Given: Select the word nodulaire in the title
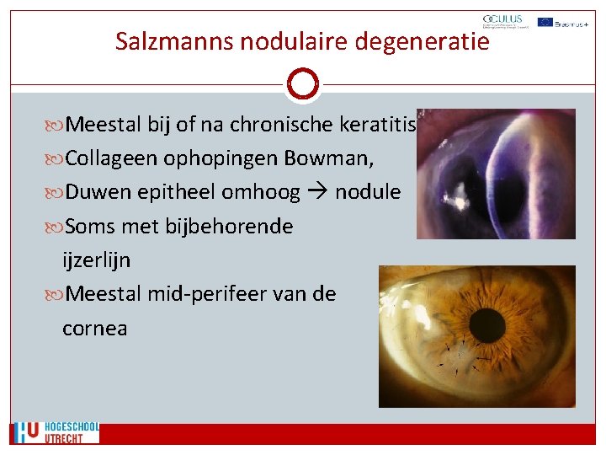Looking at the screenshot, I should click(x=292, y=40).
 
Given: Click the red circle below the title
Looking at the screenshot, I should click(x=302, y=84).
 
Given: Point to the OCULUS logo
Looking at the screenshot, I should click(x=502, y=22).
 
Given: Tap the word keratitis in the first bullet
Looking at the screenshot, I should click(x=378, y=126).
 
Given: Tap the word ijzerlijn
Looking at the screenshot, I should click(x=96, y=260).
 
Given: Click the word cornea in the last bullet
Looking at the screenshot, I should click(x=94, y=329).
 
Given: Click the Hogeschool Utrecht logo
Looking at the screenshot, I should click(x=55, y=433).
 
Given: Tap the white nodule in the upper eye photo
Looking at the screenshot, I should click(x=461, y=199).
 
